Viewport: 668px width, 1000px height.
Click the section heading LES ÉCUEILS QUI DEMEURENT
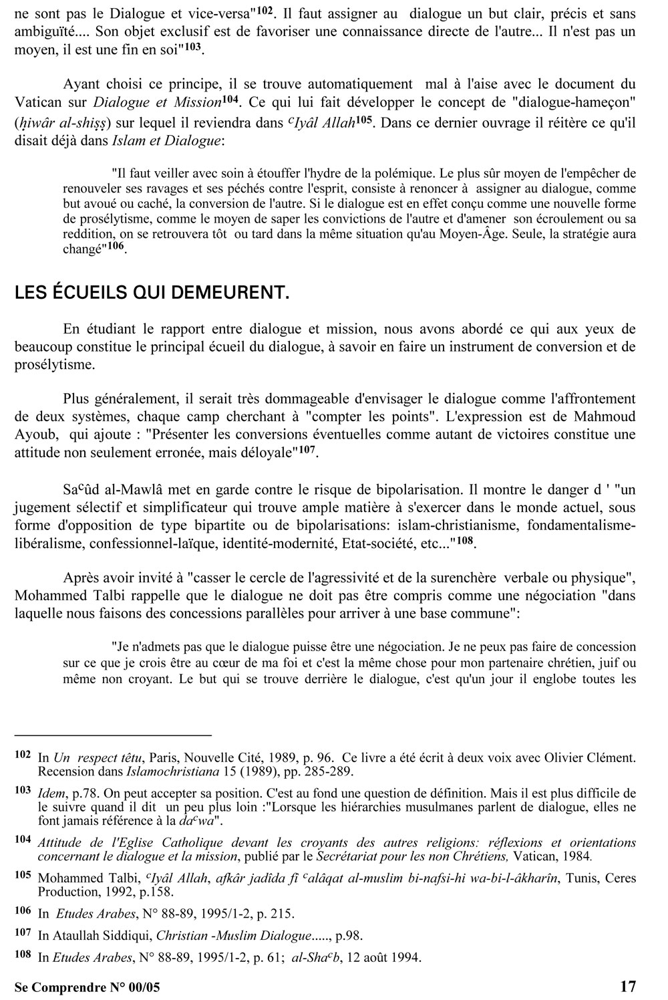152,294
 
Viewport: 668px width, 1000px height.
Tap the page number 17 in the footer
629,986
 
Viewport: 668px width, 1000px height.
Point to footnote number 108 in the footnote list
23,957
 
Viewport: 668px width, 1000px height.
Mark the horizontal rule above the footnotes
113,735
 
